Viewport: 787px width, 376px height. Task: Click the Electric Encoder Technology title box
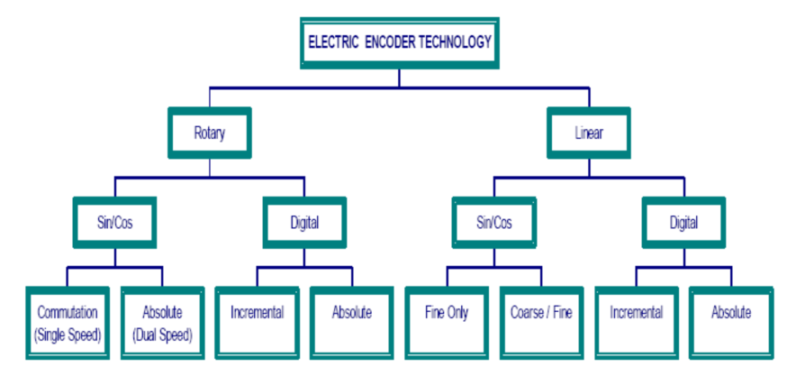[x=400, y=42]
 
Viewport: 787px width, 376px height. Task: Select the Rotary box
[x=209, y=132]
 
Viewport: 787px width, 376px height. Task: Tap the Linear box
[x=589, y=132]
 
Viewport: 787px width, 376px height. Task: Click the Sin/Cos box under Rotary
[x=114, y=222]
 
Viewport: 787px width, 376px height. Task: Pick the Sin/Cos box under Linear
[x=494, y=222]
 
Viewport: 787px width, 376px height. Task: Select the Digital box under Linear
[x=683, y=222]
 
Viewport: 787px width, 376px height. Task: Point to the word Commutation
[x=68, y=312]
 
